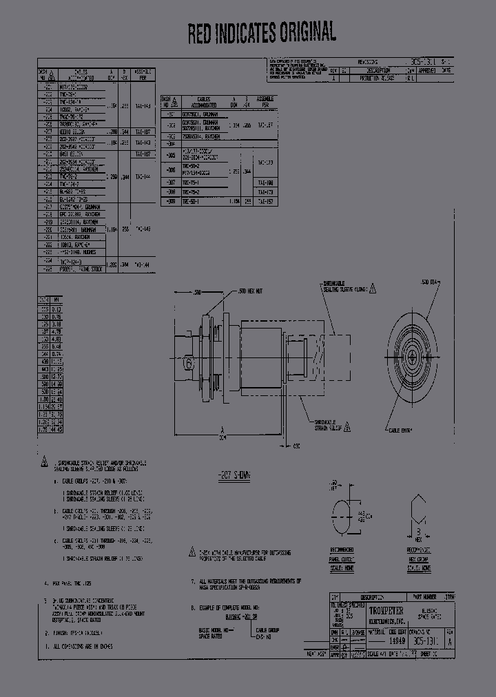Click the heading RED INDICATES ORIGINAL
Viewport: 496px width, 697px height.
point(262,32)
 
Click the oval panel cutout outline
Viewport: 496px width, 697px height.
point(342,516)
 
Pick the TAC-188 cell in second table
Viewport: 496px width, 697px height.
point(266,182)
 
